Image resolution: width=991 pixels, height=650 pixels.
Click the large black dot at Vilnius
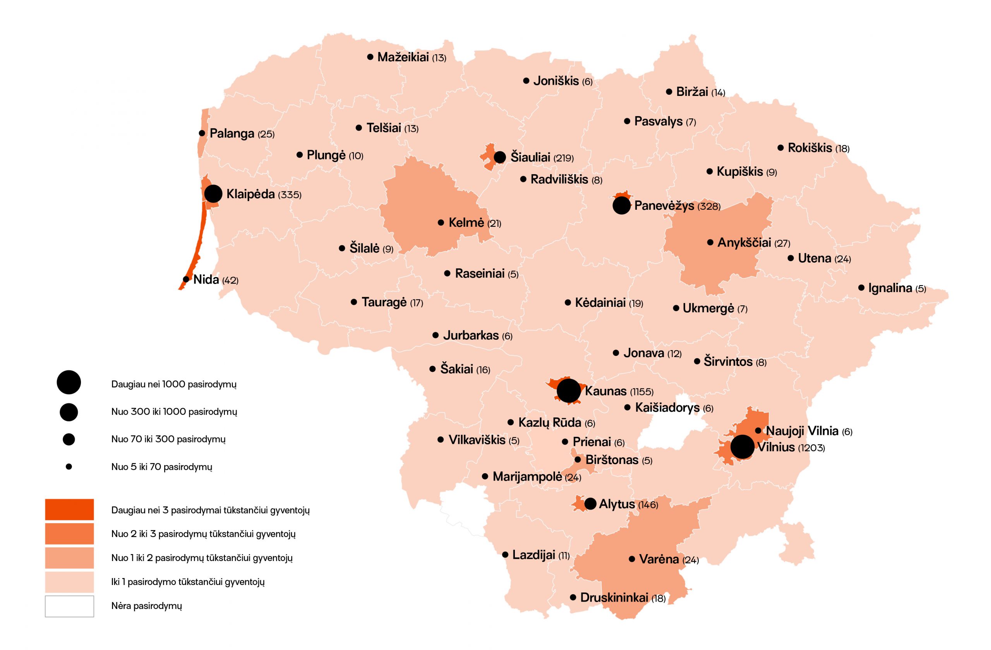[742, 447]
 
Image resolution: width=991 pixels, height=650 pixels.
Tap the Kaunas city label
[605, 391]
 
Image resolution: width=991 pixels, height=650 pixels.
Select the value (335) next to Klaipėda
[290, 195]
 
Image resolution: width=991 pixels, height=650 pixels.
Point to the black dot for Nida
[186, 279]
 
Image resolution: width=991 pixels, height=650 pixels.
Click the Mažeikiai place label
[403, 57]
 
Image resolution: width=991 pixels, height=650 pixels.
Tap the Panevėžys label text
[664, 205]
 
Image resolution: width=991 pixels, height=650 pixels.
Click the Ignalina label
[890, 287]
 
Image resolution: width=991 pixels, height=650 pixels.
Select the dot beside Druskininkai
[573, 597]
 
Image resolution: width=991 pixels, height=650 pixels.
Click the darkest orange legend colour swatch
[69, 509]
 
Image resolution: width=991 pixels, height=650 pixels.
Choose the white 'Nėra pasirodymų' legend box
[69, 606]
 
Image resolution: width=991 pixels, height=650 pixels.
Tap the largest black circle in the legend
[69, 382]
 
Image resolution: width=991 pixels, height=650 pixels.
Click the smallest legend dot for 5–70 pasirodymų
[69, 467]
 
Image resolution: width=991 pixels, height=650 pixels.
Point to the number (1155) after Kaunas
[642, 392]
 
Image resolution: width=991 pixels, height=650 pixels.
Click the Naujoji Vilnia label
[802, 430]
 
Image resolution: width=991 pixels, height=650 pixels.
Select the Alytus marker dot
[590, 503]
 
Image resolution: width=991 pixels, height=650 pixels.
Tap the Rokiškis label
[809, 148]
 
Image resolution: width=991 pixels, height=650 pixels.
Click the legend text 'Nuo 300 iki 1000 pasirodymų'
[174, 412]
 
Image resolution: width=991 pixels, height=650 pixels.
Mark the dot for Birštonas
[578, 459]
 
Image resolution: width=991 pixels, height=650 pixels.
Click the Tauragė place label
[384, 302]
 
